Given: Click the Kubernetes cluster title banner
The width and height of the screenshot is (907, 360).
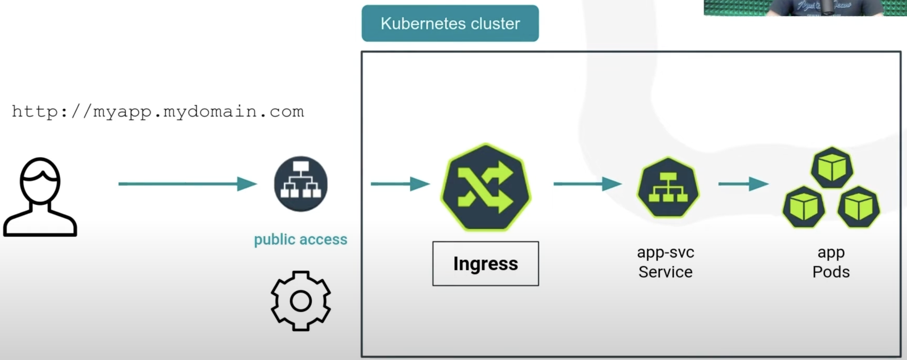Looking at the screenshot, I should coord(450,23).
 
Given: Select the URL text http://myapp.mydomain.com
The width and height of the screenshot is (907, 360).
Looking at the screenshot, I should coord(158,112).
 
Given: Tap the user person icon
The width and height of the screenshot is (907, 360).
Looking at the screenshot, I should coord(40,197).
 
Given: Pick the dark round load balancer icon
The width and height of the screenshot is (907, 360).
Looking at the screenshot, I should coord(301,184).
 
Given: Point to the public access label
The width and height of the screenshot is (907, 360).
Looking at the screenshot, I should coord(300,240).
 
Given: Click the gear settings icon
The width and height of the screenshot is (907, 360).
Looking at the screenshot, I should coord(301,301).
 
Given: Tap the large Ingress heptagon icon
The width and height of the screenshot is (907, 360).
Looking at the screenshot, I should coord(486,187).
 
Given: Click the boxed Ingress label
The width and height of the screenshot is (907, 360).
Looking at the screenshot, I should coord(485,263).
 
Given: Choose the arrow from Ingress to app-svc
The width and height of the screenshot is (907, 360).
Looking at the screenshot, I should coord(587,184).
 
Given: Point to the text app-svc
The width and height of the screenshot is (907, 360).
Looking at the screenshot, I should coord(665,252).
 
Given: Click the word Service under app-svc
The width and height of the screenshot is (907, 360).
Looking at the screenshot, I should coord(665,272).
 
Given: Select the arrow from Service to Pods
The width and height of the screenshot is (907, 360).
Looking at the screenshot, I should coord(743,184).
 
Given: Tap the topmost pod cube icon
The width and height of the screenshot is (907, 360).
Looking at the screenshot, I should coord(832,168).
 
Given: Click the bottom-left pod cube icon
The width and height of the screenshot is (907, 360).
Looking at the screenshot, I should coord(803,207).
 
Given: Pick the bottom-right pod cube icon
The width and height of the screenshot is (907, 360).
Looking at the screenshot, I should coord(858,207).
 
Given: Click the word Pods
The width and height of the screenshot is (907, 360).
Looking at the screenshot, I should coord(831,272).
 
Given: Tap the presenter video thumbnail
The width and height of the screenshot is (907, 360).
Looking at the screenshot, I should coord(805,8).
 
